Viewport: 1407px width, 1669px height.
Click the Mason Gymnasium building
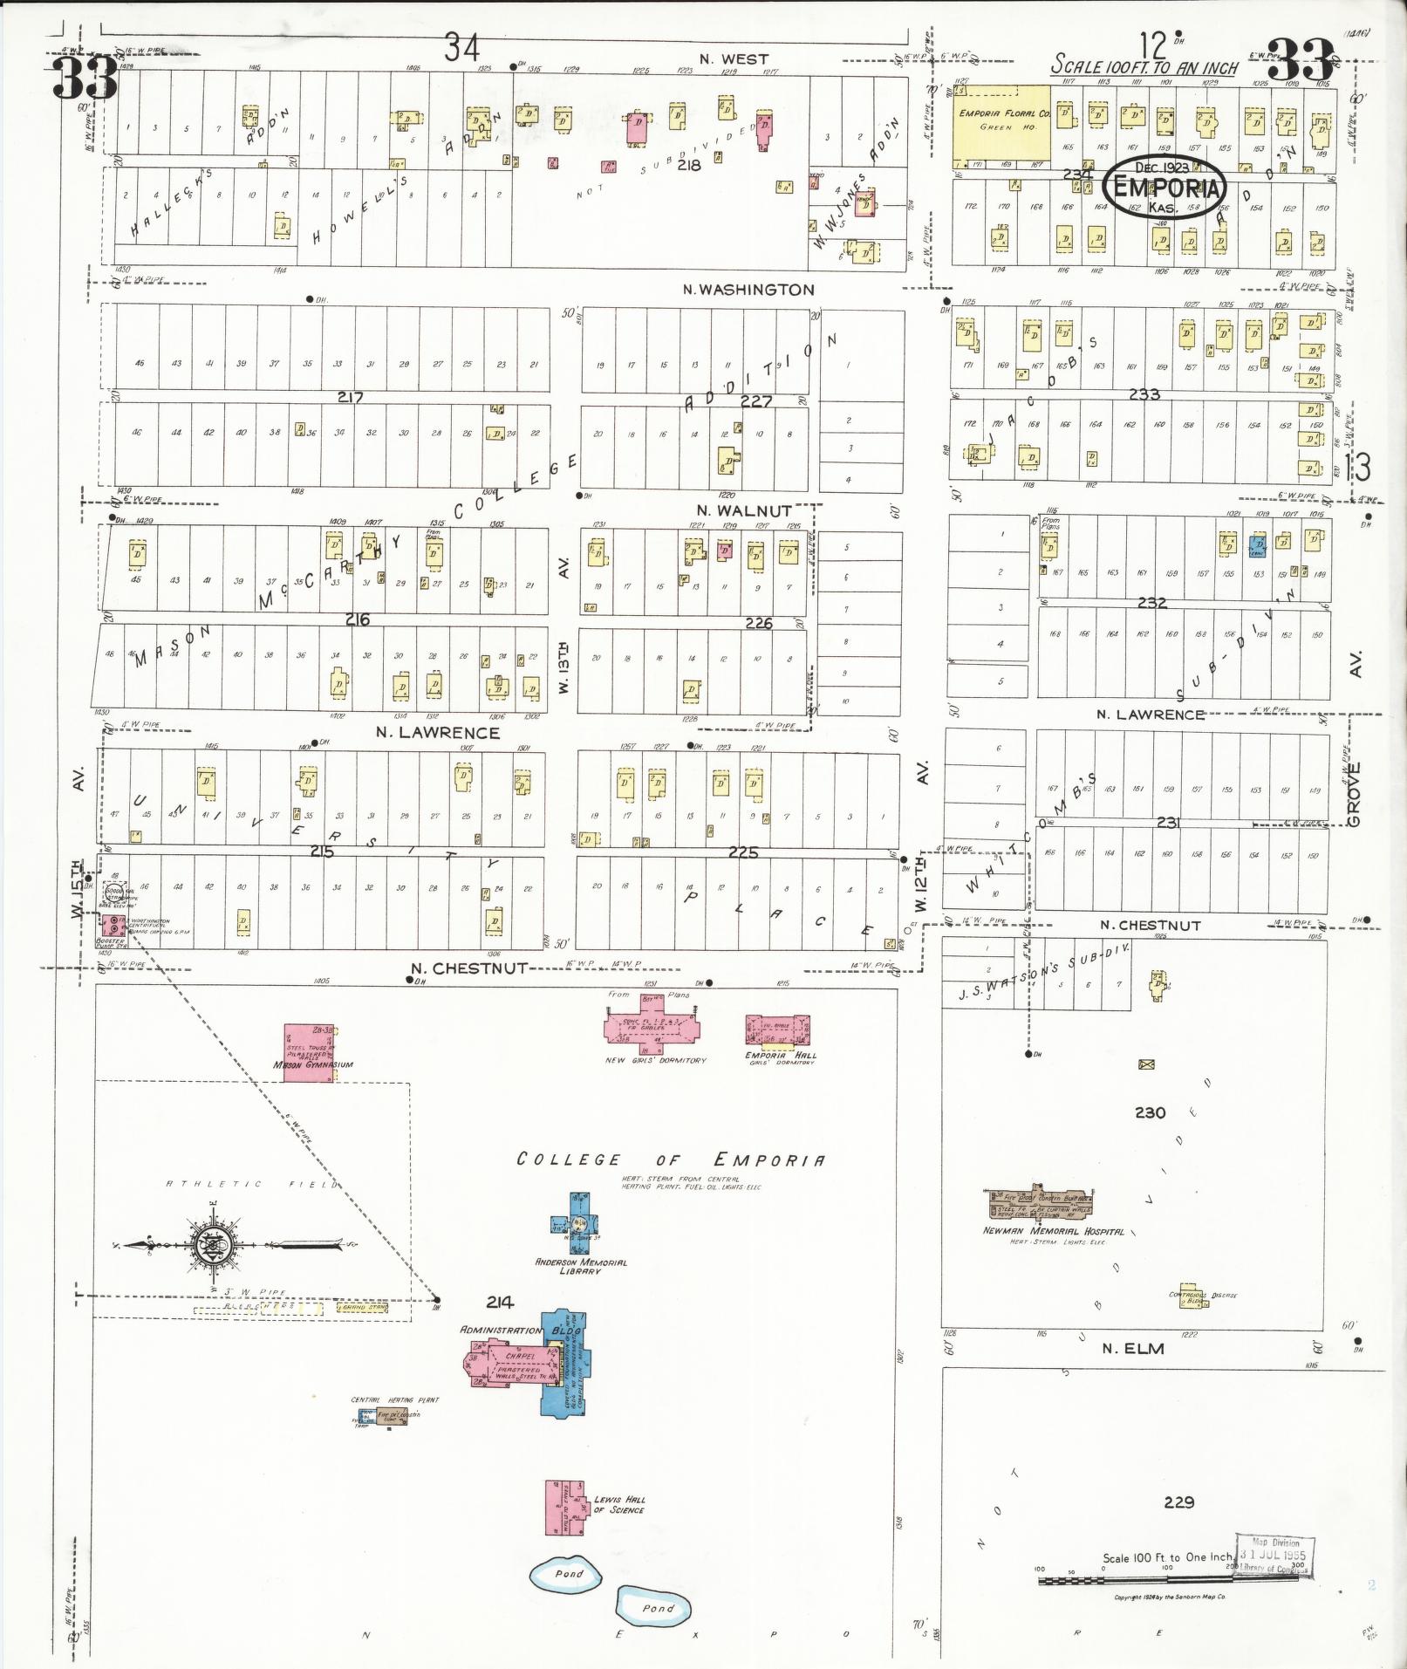click(x=310, y=1053)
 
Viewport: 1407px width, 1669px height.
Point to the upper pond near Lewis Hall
click(x=567, y=1572)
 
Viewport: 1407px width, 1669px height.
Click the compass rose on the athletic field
click(x=210, y=1243)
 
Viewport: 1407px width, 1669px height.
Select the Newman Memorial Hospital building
click(x=1041, y=1203)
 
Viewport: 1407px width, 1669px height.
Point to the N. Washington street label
click(x=748, y=290)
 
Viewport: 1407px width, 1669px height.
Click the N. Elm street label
click(x=1132, y=1348)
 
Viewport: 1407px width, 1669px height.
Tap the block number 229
click(x=1178, y=1501)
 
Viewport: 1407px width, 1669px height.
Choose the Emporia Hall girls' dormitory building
click(x=777, y=1029)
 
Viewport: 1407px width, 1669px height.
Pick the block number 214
click(x=500, y=1302)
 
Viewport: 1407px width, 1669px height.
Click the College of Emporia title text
click(x=670, y=1159)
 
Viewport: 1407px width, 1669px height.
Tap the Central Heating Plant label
click(x=395, y=1399)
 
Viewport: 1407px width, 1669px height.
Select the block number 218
click(x=689, y=164)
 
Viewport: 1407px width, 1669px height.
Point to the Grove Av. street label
click(x=1353, y=794)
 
